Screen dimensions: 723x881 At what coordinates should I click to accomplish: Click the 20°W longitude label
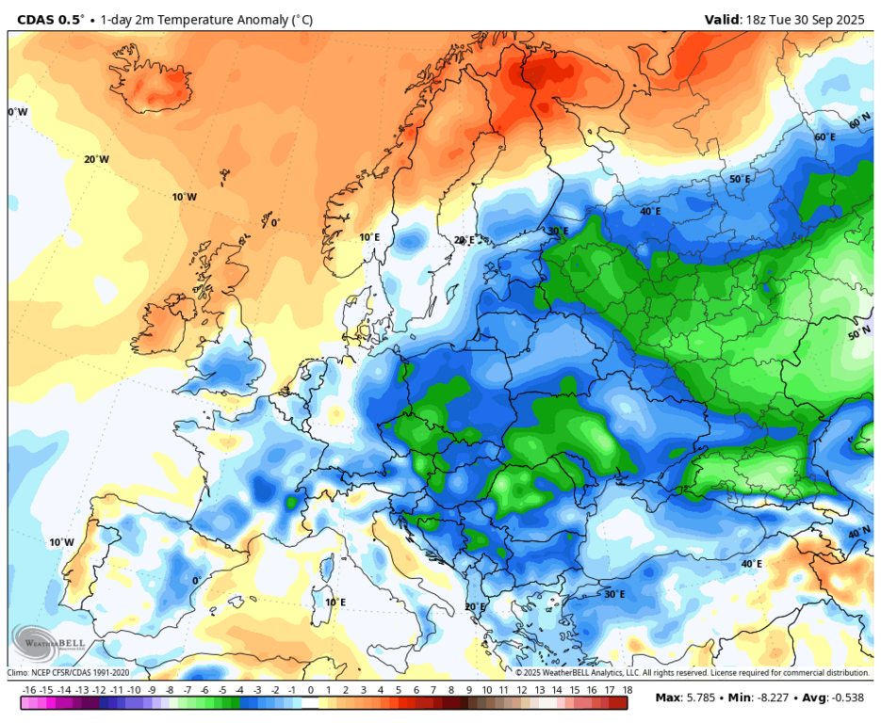click(x=96, y=160)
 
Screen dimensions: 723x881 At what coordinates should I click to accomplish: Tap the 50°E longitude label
click(x=740, y=179)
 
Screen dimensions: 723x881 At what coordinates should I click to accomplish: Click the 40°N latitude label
click(x=859, y=533)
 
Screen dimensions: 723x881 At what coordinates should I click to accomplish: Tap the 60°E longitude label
click(x=824, y=137)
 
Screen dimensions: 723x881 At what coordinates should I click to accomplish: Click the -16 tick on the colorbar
click(x=29, y=689)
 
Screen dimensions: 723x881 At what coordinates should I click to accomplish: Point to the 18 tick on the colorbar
click(x=626, y=689)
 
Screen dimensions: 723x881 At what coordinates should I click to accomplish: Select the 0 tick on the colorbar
click(x=310, y=689)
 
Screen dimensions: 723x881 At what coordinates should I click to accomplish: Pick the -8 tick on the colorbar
click(x=170, y=689)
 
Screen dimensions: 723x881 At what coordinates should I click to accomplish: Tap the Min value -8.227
click(x=768, y=698)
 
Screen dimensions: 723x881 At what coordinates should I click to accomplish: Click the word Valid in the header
click(x=724, y=19)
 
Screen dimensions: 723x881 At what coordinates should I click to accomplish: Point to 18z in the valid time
click(x=759, y=19)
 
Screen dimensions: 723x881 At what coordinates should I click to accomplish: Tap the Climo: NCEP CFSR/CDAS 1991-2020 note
click(x=69, y=673)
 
